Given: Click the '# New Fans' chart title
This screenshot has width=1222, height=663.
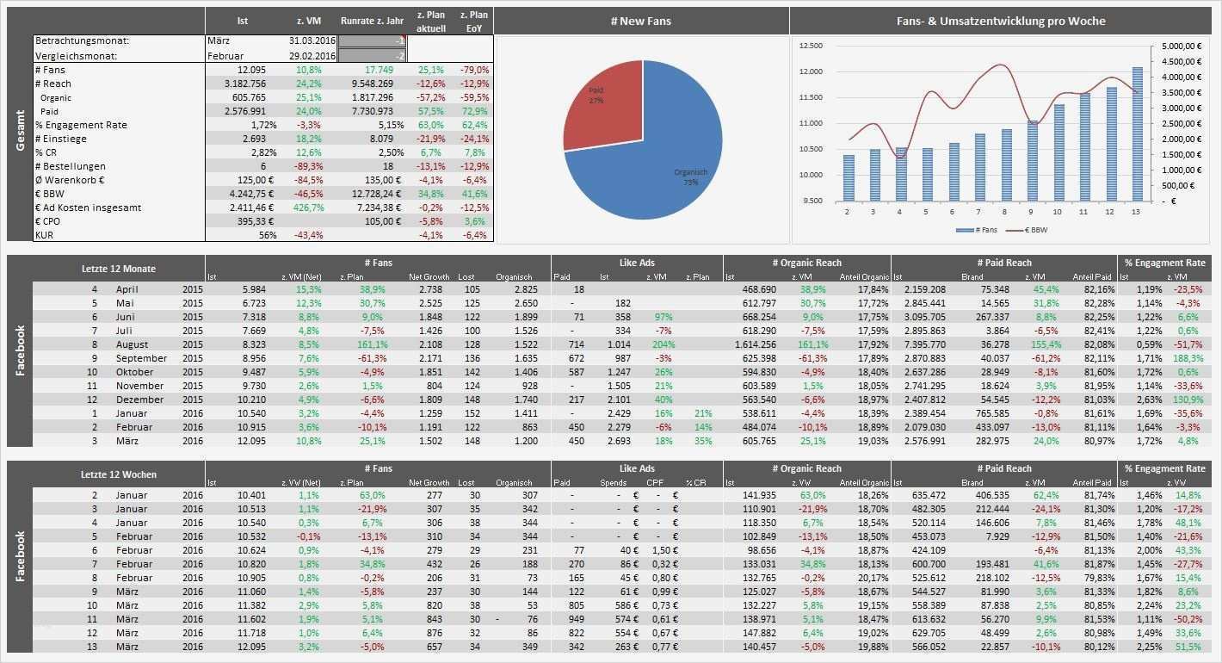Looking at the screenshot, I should (642, 21).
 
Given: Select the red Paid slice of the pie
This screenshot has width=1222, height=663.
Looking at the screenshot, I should (602, 116).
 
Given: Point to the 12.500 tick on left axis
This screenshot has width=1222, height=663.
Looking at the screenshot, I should (810, 46).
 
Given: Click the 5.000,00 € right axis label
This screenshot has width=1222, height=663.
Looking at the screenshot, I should (1179, 46).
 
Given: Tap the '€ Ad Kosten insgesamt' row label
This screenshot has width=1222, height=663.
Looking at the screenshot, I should (87, 208).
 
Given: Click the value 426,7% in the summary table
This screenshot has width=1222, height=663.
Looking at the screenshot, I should (308, 208).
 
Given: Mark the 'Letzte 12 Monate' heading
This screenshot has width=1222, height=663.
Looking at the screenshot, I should (119, 269).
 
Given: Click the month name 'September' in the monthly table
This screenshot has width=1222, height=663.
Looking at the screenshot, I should (141, 358).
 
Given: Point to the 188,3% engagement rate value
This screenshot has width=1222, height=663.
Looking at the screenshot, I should (1188, 358).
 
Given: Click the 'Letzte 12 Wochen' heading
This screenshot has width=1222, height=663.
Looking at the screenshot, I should (119, 474).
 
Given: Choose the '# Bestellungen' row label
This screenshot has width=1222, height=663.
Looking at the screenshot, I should (70, 166).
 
